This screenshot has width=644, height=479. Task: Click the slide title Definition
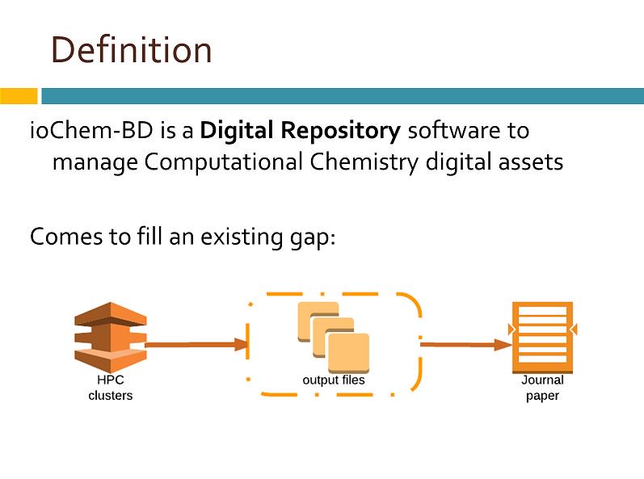(132, 50)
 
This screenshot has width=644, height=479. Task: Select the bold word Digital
(238, 130)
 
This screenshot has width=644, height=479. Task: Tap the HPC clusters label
(110, 388)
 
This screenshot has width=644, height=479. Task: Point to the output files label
(333, 380)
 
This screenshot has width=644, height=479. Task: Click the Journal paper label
(542, 388)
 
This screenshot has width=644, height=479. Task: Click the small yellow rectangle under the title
(19, 96)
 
